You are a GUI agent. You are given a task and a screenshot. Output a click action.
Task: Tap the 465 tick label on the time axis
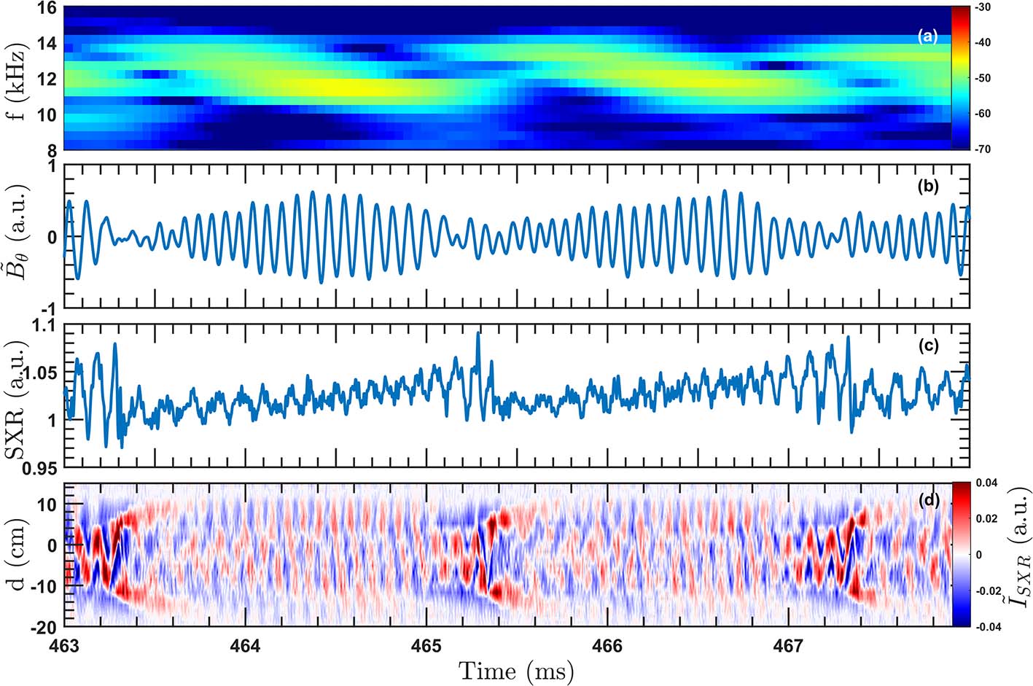(x=426, y=646)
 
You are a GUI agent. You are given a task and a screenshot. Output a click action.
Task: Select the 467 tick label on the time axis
(x=788, y=646)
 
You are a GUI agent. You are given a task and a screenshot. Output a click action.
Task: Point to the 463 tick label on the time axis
(x=65, y=646)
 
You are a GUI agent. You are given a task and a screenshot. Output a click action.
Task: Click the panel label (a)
(x=928, y=36)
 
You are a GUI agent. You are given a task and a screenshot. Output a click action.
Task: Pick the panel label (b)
(x=928, y=187)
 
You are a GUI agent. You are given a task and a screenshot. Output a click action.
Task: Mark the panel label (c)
(x=928, y=346)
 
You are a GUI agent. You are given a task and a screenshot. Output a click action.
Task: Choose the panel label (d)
(x=928, y=500)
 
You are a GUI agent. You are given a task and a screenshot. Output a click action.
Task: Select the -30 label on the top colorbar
(x=982, y=8)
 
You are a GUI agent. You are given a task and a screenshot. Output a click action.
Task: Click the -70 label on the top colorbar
(x=982, y=149)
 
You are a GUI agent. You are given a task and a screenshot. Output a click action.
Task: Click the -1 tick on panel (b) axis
(x=50, y=308)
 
